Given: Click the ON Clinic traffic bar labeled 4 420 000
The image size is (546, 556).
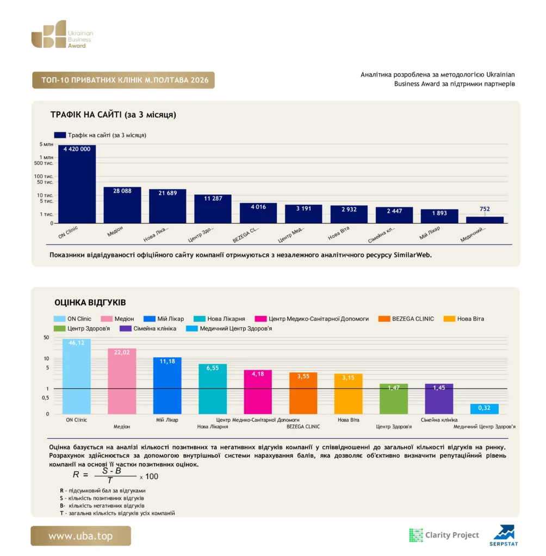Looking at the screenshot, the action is tap(77, 184).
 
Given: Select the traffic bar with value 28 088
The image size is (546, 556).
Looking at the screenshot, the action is tap(122, 205).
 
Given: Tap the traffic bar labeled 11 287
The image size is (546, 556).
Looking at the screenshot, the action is tap(213, 209).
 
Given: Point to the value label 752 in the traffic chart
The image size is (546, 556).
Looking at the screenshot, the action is tap(485, 209).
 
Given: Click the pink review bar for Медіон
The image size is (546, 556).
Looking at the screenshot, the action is tap(122, 381).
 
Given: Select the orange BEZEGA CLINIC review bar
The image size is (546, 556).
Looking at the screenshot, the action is tap(303, 393).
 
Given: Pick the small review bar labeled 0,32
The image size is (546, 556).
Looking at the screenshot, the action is tap(484, 409).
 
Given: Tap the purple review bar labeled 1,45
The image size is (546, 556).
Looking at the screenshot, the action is tap(439, 399).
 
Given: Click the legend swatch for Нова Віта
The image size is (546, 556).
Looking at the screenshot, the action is tap(449, 319).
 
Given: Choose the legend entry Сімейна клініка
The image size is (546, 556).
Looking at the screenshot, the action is tap(148, 328).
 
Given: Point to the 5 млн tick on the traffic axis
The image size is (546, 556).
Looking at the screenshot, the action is tap(46, 144).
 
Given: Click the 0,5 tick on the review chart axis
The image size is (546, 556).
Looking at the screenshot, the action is tap(46, 398).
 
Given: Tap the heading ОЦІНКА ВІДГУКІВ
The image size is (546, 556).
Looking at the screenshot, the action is tap(90, 302).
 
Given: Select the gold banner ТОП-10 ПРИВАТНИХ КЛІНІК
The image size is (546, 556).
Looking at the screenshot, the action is tap(123, 80).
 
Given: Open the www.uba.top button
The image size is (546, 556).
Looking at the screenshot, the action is tap(80, 536).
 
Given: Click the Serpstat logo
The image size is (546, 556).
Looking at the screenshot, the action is tap(504, 535).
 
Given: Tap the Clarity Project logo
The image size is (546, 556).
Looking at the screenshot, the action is tap(444, 535).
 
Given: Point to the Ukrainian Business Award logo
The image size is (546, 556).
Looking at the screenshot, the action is tap(62, 34).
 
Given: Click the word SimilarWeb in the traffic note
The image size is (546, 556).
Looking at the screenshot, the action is tap(412, 255).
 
